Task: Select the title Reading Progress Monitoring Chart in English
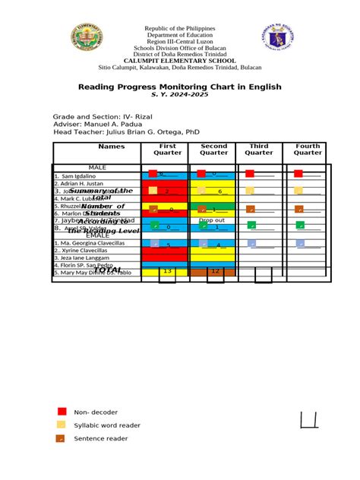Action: (179, 87)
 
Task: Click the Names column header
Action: (96, 147)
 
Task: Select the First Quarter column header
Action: (168, 149)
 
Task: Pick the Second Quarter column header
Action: (214, 149)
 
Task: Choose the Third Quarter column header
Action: (259, 149)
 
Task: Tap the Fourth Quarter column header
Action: (308, 149)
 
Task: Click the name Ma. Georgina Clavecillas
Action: (90, 243)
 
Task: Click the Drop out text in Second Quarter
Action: (212, 220)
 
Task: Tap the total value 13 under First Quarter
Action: (168, 271)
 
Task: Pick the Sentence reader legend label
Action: (100, 438)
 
